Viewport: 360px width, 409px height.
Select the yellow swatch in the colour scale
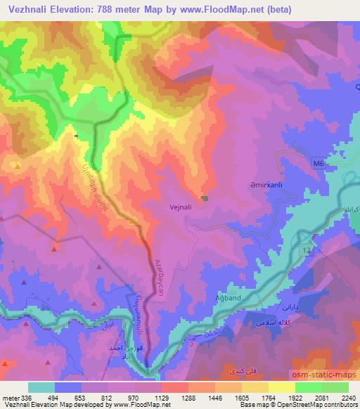click(x=282, y=387)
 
